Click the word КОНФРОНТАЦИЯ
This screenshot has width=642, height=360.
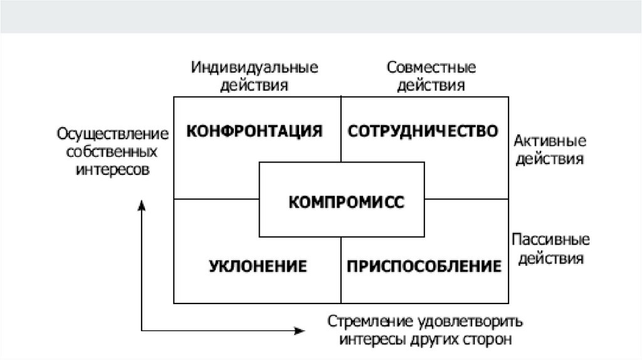[x=255, y=131]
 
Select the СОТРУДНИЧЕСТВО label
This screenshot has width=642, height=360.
[x=423, y=131]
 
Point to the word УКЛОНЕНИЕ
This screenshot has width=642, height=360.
[x=258, y=266]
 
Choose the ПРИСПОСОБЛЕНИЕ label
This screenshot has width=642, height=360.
[x=424, y=266]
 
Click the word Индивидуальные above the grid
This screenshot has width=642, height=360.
[x=255, y=67]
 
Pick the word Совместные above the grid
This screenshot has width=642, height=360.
[x=431, y=67]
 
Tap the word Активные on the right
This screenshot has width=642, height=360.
[x=550, y=140]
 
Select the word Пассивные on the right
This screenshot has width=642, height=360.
[x=550, y=240]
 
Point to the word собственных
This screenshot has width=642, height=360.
[x=113, y=152]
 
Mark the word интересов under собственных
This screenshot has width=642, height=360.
[x=113, y=170]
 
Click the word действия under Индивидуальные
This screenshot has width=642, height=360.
[x=255, y=85]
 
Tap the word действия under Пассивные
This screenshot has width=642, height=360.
[x=550, y=258]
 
